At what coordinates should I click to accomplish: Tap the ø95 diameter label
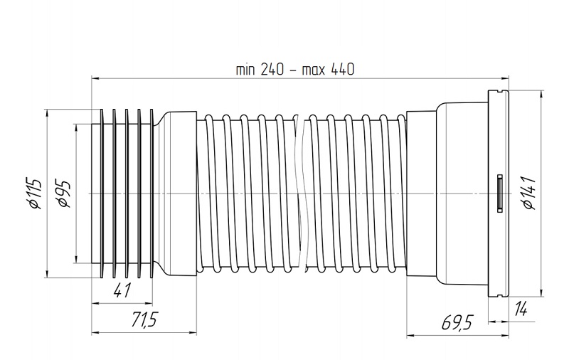(63, 193)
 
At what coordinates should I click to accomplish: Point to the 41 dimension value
(122, 290)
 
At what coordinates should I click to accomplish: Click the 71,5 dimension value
(144, 319)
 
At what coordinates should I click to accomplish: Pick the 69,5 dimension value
(457, 322)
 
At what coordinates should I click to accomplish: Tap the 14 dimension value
(521, 309)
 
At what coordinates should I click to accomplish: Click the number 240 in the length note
(272, 69)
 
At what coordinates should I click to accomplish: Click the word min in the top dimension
(245, 69)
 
